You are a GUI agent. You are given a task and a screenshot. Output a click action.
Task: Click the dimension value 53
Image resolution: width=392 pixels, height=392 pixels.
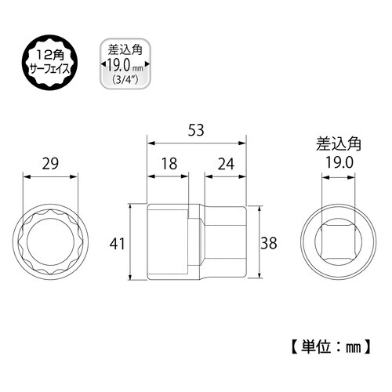(196, 130)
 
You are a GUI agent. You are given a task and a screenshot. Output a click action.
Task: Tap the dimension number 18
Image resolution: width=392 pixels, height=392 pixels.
(169, 164)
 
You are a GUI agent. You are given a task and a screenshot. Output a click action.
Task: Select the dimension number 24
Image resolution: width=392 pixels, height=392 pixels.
(227, 164)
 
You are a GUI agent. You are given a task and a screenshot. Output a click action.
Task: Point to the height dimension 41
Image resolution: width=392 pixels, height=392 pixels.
(118, 245)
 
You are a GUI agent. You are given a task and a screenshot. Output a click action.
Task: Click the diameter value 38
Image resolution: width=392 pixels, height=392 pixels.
(269, 243)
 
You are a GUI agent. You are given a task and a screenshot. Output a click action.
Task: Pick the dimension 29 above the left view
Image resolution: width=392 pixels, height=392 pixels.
(50, 164)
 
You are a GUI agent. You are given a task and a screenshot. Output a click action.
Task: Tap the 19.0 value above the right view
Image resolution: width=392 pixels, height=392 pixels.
(339, 162)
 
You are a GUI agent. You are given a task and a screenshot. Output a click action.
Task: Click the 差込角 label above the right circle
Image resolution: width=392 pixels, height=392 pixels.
(339, 143)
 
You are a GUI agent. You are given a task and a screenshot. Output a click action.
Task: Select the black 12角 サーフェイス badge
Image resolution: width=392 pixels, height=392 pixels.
(49, 63)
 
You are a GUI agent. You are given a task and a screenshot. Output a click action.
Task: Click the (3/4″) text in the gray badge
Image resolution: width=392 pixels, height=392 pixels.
(125, 79)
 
